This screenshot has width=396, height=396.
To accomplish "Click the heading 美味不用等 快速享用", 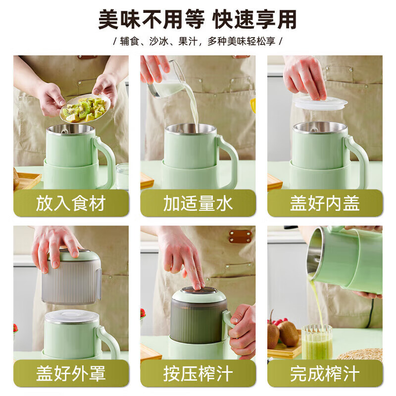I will pos(198,20).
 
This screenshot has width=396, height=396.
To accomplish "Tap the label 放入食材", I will pos(71,203).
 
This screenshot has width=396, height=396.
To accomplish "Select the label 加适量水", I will pos(198,203).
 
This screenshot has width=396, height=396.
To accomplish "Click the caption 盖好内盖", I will pos(325,203).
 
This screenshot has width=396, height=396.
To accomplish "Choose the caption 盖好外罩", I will pos(71,373).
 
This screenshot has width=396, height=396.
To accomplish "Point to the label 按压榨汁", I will pos(198,373).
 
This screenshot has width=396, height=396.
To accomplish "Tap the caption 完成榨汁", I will pos(325,373).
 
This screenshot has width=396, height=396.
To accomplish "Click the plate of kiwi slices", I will pos(84,108).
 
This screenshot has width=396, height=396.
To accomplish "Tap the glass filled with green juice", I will pos(317,342).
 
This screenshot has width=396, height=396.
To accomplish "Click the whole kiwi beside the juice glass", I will pos(288,333).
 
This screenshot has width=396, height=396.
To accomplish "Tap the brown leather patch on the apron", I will pos(240,236).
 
